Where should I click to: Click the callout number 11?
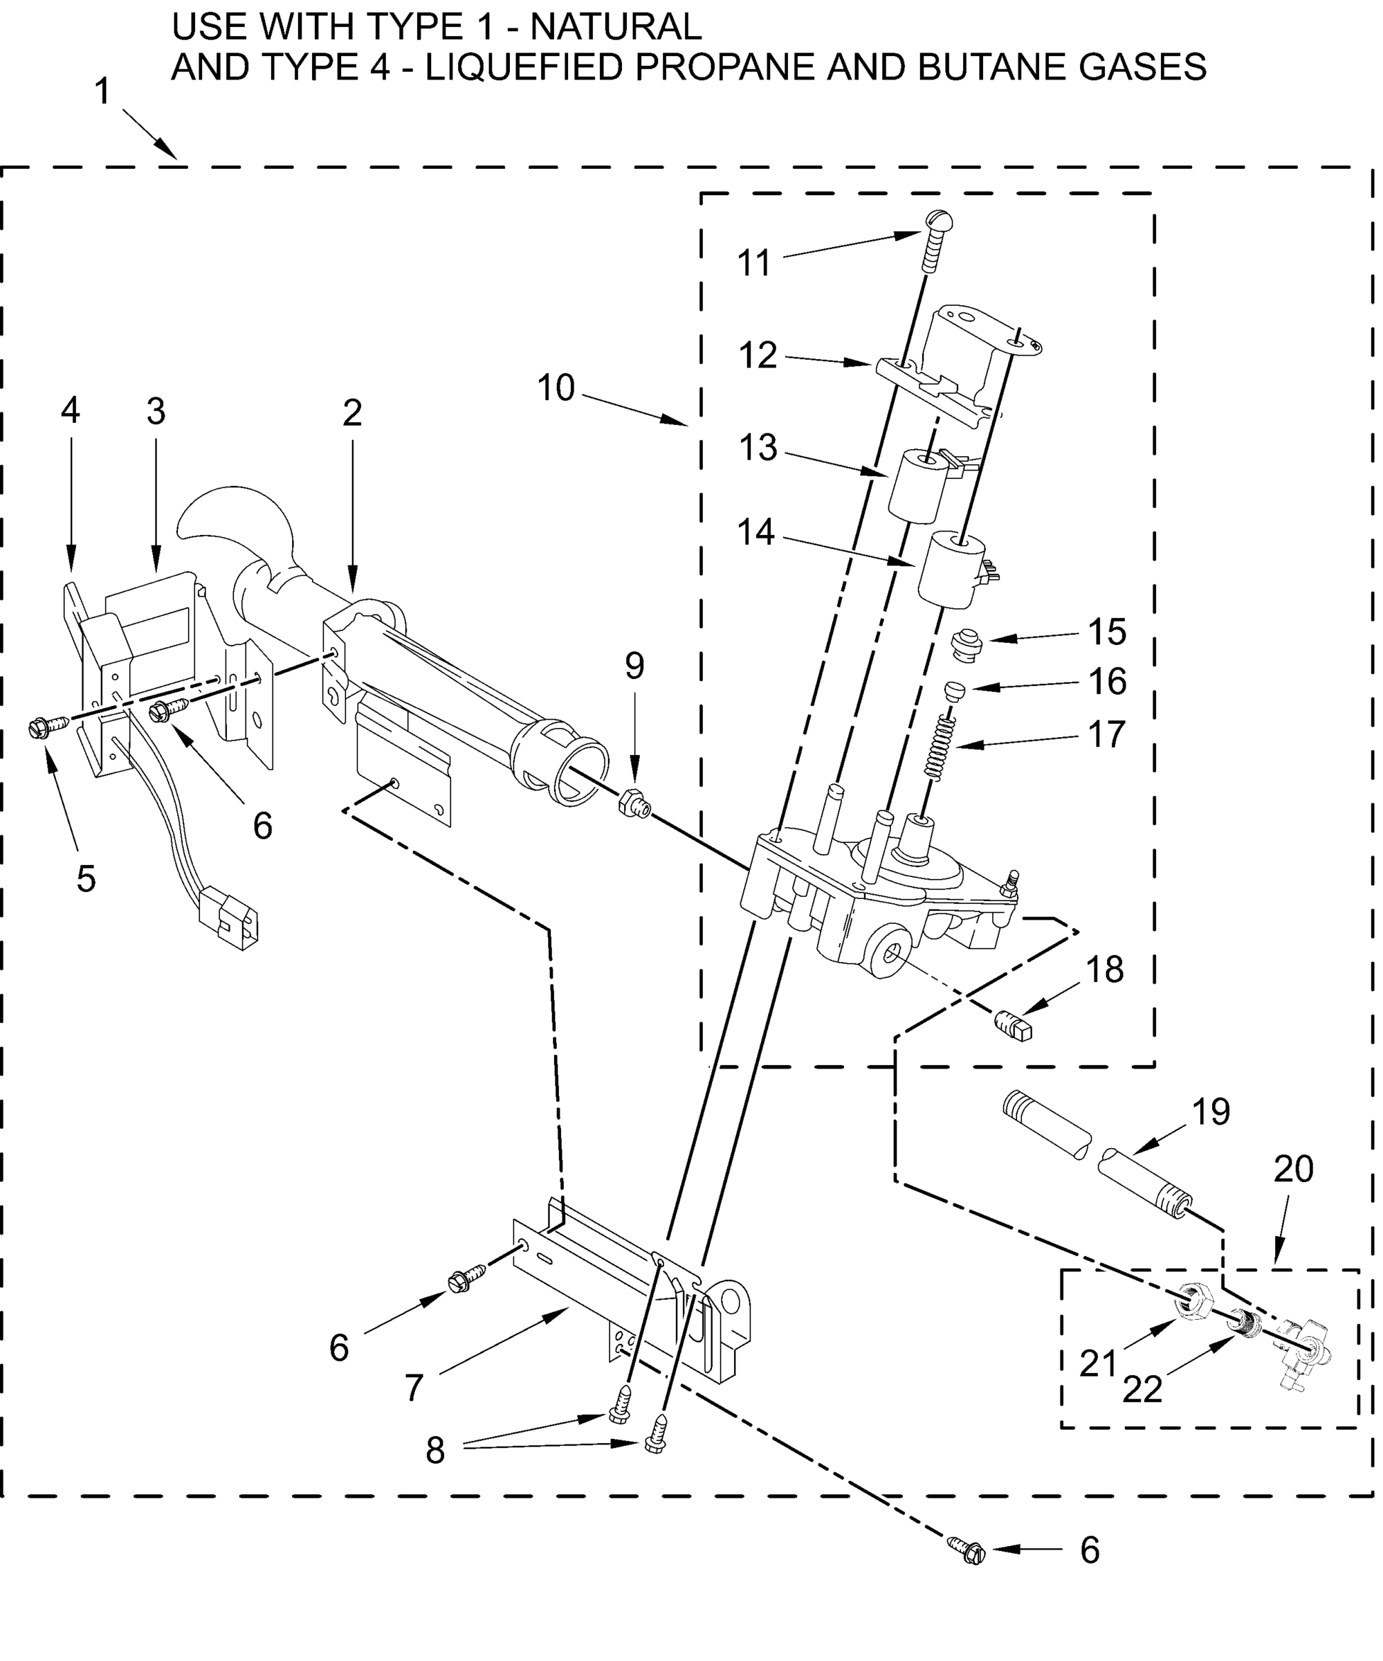(753, 264)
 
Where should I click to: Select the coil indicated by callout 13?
(917, 486)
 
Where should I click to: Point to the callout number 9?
(634, 666)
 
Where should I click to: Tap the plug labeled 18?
(1014, 1026)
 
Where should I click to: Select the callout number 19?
(1211, 1111)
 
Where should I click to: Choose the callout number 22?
(1142, 1390)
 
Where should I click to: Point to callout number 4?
(71, 410)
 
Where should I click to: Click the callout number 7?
(414, 1388)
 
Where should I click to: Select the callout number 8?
(435, 1451)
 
